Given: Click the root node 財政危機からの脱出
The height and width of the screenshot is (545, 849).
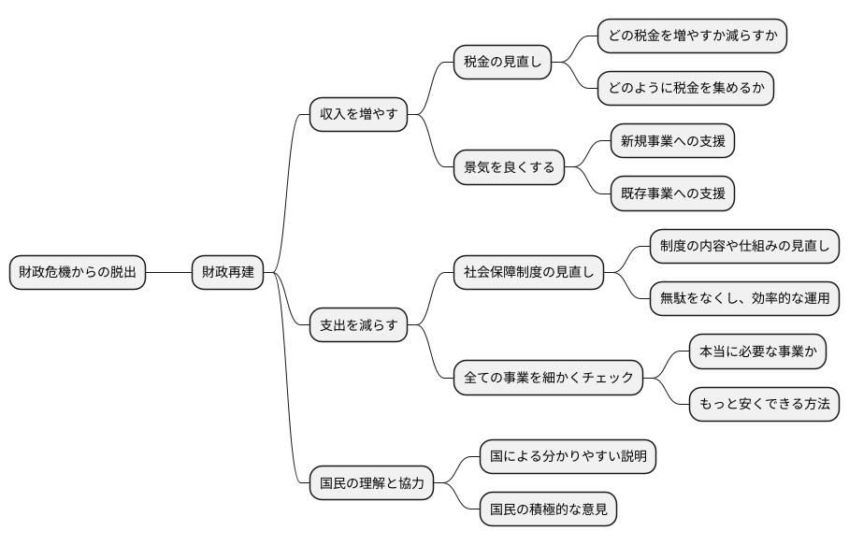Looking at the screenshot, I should [78, 273].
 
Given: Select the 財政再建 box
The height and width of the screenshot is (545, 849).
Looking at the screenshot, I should [227, 273].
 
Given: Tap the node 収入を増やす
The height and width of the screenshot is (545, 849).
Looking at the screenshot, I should [358, 115].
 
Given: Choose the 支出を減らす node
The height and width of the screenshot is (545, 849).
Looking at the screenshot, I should [358, 325].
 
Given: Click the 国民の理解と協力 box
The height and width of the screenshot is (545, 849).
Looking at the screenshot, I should [371, 483].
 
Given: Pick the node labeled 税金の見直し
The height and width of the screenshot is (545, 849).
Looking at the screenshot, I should [502, 63].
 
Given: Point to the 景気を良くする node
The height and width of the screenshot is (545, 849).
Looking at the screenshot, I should [509, 168].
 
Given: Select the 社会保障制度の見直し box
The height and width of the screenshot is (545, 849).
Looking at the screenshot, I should [528, 273].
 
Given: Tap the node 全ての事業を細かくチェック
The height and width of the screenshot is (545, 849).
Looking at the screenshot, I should [548, 378].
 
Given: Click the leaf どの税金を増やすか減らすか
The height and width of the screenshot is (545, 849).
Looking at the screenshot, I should [692, 36].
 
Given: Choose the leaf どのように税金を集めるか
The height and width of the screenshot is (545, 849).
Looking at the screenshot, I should [685, 89].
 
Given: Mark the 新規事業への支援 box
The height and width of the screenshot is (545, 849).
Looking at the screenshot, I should [671, 141].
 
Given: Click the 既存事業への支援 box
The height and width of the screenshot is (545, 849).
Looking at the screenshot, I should [671, 194].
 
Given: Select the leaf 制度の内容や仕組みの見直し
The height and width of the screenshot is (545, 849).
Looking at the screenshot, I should [744, 247].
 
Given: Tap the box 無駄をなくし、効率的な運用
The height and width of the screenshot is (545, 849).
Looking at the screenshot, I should [744, 299].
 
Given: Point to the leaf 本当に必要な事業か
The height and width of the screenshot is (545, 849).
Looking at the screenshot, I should [757, 351].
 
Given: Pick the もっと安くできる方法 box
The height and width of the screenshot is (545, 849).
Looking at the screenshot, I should [764, 404].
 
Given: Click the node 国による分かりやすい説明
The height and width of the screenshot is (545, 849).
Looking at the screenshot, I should [568, 456].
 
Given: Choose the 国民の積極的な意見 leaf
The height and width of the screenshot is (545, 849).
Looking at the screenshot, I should [548, 509].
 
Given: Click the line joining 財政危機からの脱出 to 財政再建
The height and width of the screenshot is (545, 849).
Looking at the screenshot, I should [168, 273].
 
